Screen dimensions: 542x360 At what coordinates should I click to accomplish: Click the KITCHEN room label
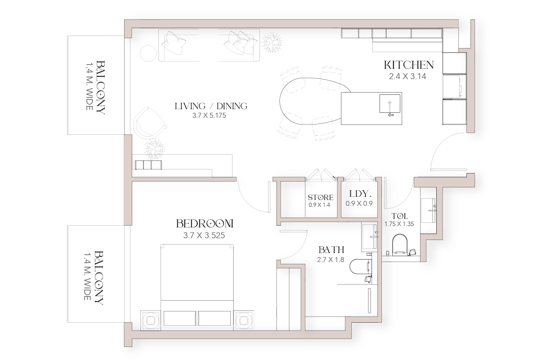(409, 65)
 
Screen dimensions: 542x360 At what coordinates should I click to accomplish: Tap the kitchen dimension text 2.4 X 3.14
(408, 76)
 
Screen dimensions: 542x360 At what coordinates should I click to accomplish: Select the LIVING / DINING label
(211, 106)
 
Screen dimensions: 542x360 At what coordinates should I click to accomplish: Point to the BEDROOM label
(205, 224)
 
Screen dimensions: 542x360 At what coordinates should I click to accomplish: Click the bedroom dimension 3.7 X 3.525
(204, 235)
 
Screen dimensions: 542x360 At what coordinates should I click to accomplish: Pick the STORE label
(320, 198)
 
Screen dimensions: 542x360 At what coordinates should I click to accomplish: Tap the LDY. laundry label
(360, 194)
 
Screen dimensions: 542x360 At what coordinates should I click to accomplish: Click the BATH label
(331, 250)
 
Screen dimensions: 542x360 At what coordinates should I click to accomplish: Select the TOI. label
(399, 216)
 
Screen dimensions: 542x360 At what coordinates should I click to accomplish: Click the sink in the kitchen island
(390, 104)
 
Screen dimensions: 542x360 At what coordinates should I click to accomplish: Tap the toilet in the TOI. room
(399, 244)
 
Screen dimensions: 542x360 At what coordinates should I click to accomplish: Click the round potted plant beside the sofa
(272, 43)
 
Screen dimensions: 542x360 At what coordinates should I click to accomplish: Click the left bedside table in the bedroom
(151, 320)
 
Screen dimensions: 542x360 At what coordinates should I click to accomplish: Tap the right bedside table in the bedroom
(243, 320)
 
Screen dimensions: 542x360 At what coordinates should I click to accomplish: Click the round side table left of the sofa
(148, 53)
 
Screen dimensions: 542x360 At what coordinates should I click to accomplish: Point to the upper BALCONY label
(100, 88)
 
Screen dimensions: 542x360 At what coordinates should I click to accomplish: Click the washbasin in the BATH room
(369, 237)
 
